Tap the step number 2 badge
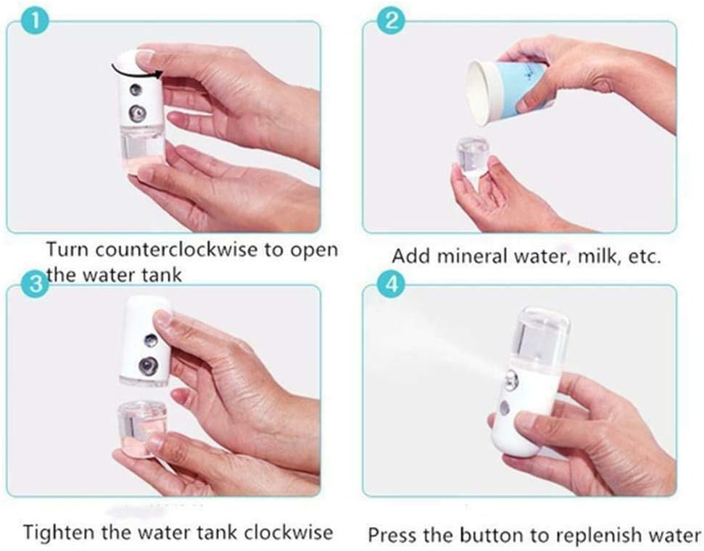tap(391, 20)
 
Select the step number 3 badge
tap(35, 283)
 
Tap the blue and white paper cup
tap(508, 91)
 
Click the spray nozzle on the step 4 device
tap(511, 381)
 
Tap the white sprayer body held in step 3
tap(145, 341)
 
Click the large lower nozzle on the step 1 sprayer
tap(137, 114)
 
